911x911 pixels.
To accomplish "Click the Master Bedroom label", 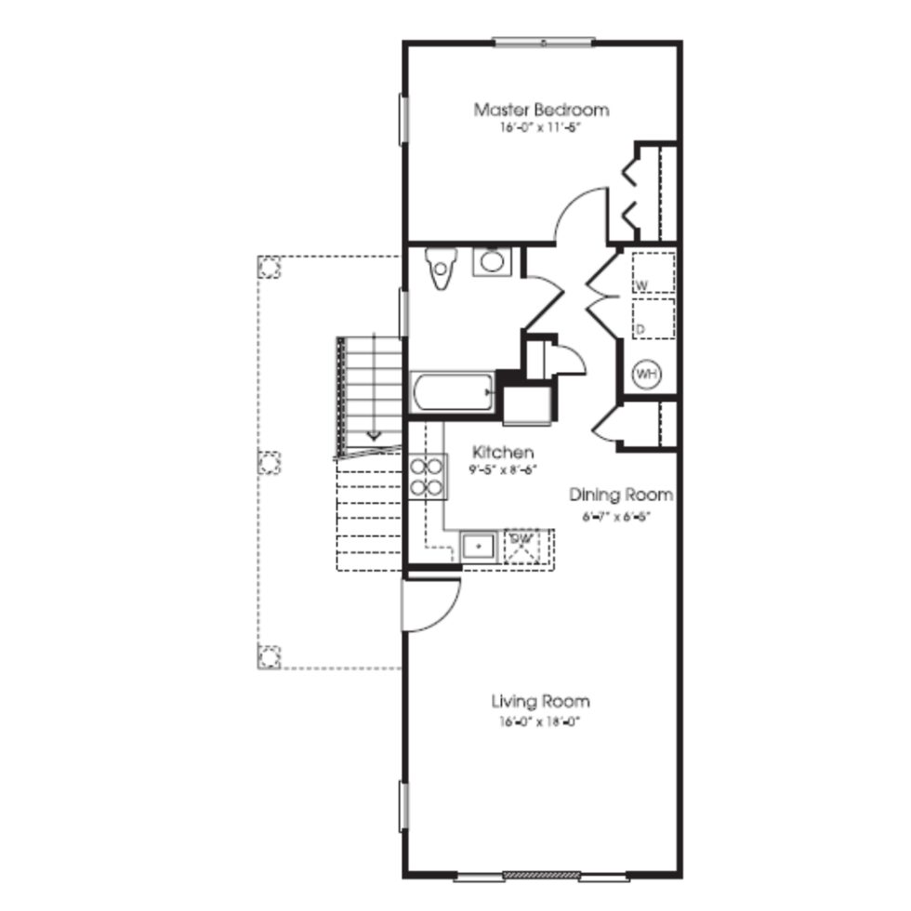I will click(x=541, y=110).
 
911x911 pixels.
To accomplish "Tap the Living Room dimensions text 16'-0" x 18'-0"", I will click(x=539, y=721).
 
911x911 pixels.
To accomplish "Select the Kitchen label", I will click(x=503, y=453).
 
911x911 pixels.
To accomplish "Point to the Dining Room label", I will click(x=621, y=495).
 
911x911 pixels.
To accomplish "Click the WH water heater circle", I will click(x=646, y=374).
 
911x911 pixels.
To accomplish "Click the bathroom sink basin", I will click(x=491, y=261).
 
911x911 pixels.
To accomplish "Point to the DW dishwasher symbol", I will click(x=522, y=546).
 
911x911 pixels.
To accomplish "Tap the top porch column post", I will click(x=269, y=269).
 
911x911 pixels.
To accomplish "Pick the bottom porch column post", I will click(x=269, y=657).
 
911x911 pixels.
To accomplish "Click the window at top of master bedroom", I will click(x=543, y=41).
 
